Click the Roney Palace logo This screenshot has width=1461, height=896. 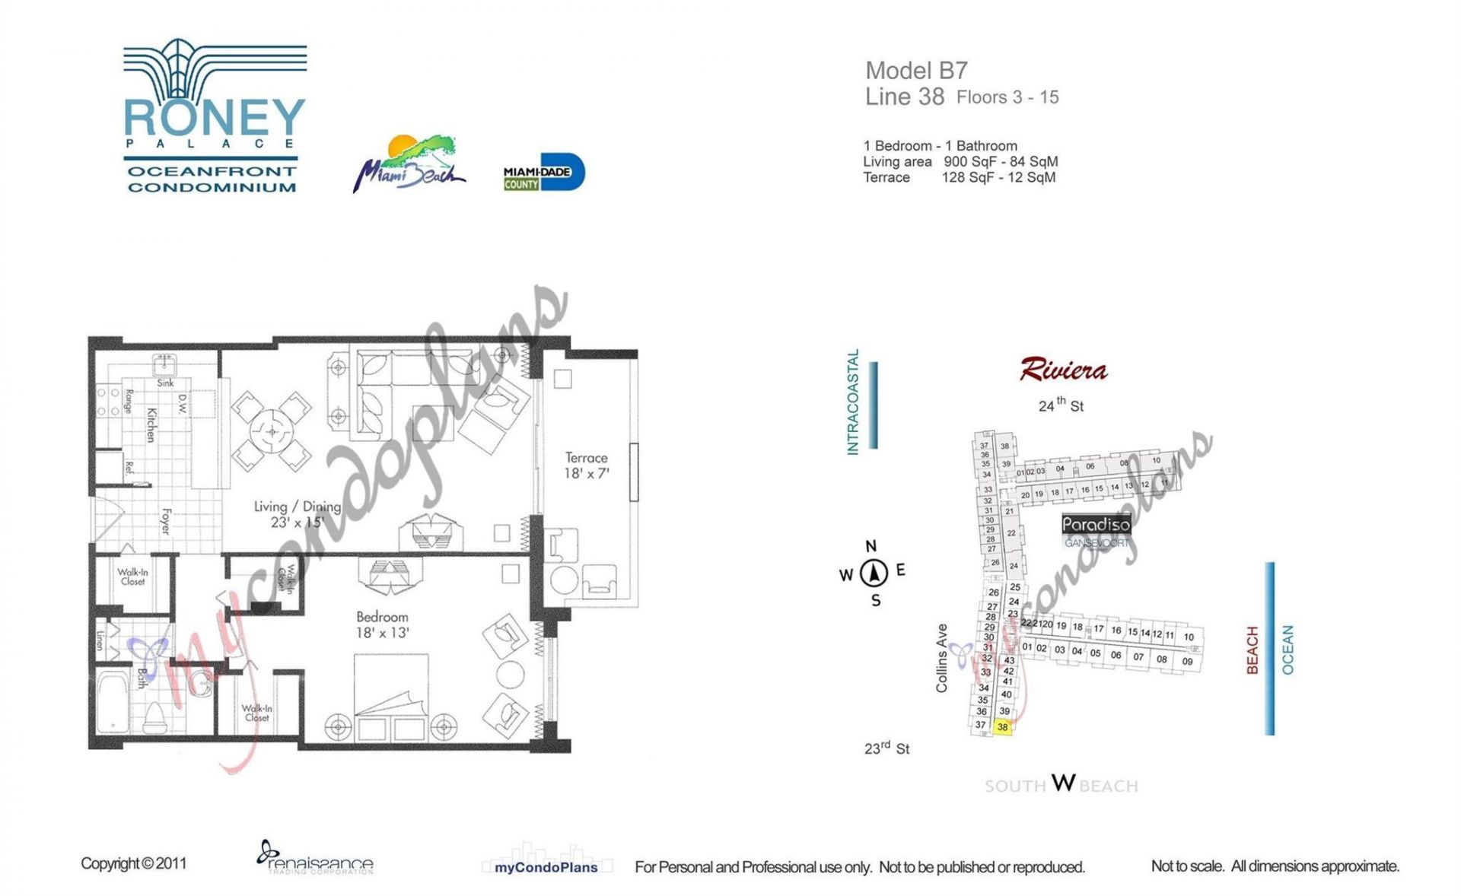215,116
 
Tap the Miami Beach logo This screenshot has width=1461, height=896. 409,164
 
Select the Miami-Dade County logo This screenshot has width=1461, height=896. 543,173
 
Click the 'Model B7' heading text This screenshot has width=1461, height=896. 916,71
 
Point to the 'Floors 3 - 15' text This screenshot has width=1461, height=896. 1007,97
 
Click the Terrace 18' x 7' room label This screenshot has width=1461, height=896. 586,465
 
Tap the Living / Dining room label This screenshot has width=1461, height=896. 297,514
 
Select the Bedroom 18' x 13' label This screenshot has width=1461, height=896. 382,624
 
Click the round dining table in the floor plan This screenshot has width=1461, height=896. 272,432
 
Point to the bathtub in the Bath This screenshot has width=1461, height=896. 112,701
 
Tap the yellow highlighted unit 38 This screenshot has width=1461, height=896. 1002,727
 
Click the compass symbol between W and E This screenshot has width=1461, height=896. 874,573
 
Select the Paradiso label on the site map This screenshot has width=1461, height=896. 1096,524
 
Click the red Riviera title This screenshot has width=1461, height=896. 1063,370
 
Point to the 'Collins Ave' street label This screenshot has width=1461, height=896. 942,658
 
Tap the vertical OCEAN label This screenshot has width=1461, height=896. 1288,650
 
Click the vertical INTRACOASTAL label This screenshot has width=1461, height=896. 853,402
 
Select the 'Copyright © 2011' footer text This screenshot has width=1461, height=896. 133,863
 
